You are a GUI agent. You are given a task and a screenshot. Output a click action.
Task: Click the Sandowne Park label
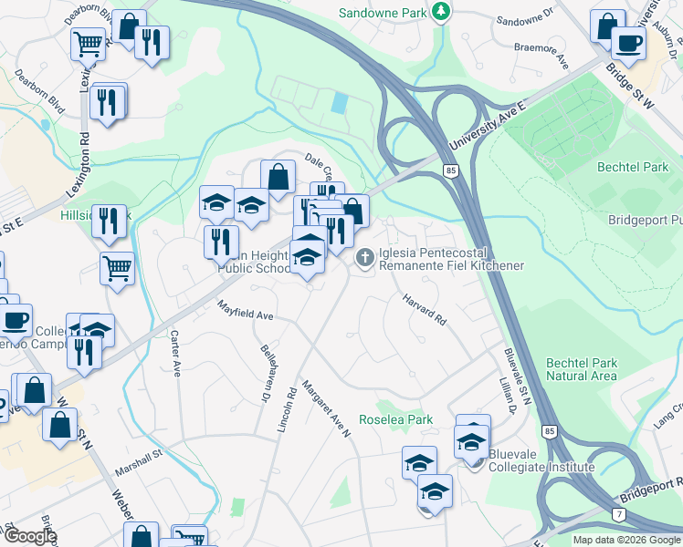[383, 13]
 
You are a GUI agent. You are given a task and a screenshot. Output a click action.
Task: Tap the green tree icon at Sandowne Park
[442, 12]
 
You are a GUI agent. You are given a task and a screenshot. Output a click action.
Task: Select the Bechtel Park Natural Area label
[582, 368]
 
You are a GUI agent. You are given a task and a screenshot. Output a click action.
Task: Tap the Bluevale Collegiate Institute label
[541, 460]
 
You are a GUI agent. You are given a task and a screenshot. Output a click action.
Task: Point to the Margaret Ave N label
[327, 408]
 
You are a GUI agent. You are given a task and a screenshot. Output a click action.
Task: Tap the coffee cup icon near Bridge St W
[627, 43]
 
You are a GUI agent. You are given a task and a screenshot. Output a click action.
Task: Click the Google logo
[30, 536]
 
